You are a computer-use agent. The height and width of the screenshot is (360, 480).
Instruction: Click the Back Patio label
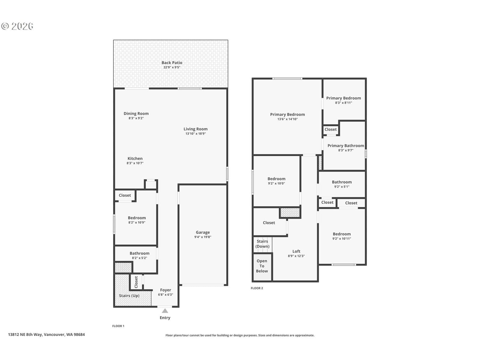172,62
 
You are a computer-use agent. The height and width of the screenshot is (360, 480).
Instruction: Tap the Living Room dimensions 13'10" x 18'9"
196,133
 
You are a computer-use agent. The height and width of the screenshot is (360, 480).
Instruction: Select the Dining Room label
136,113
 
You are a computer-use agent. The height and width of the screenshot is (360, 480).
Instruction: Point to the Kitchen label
135,158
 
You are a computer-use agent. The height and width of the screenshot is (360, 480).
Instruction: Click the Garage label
203,232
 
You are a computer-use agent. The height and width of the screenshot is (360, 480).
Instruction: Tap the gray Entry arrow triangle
165,310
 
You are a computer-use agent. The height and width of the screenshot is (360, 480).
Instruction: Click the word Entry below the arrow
165,318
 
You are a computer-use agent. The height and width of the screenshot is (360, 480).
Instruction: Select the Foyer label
166,290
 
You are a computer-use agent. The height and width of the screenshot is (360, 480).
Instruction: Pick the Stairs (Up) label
129,295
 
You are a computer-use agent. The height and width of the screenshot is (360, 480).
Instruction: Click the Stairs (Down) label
262,244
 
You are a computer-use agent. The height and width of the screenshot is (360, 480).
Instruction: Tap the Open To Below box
262,267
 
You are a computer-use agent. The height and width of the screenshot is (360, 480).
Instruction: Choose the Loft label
296,251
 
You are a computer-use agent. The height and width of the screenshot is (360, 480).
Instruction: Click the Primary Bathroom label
346,145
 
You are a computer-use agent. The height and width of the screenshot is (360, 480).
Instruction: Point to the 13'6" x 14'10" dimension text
287,119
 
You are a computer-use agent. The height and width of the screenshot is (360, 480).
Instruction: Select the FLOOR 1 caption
118,326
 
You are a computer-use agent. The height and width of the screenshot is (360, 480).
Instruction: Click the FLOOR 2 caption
257,288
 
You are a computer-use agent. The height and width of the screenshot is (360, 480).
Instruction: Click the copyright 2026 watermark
17,26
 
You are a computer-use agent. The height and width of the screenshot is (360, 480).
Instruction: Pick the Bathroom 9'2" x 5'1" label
342,184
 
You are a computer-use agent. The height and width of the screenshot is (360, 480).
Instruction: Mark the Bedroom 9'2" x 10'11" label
342,236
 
